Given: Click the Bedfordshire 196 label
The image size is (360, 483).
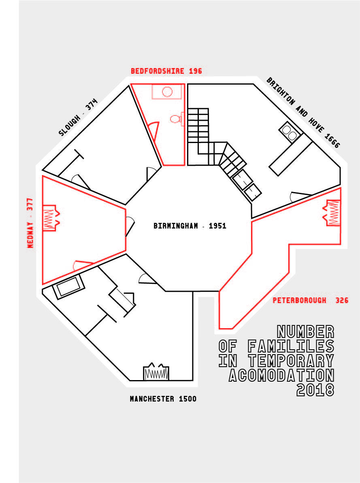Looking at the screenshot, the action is click(166, 71).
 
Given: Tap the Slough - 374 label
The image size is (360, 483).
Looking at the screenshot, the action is click(78, 118).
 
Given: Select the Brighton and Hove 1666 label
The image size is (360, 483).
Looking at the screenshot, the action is click(303, 113).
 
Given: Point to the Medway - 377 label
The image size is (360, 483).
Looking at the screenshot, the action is click(30, 223).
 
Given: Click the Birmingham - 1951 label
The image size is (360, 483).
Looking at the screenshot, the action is click(190, 226).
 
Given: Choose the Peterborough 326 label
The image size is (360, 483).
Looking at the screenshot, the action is click(311, 300).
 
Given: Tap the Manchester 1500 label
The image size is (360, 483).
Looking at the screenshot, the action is click(163, 399).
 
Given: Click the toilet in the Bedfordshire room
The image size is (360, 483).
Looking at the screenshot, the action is click(177, 119).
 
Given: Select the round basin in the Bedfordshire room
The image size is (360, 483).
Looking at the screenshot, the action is click(167, 92).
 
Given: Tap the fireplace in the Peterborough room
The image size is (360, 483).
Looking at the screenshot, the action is click(332, 213).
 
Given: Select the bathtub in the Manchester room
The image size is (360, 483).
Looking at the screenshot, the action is click(68, 286).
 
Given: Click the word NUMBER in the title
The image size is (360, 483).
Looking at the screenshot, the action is click(305, 332).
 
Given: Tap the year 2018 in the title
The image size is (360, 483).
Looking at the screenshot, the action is click(315, 389).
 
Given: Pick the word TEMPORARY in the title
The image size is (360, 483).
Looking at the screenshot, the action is click(291, 361).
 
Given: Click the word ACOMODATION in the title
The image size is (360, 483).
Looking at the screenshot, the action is click(281, 375).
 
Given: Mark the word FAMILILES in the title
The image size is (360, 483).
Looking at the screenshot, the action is click(291, 346).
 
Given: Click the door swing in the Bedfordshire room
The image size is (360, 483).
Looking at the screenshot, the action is click(154, 129).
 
